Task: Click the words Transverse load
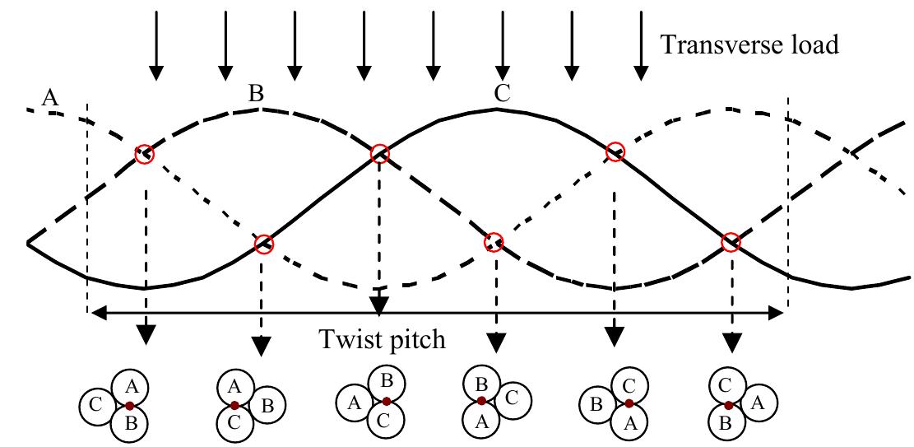(749, 44)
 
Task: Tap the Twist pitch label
(383, 338)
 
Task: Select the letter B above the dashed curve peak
(257, 94)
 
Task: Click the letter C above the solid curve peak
(502, 93)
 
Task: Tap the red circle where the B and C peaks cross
(379, 153)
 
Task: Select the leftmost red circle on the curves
(145, 154)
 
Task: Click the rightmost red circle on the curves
(731, 242)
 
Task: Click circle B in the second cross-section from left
(266, 404)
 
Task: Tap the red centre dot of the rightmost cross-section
(729, 405)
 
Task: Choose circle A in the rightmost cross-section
(759, 403)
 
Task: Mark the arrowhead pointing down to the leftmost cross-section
(146, 333)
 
